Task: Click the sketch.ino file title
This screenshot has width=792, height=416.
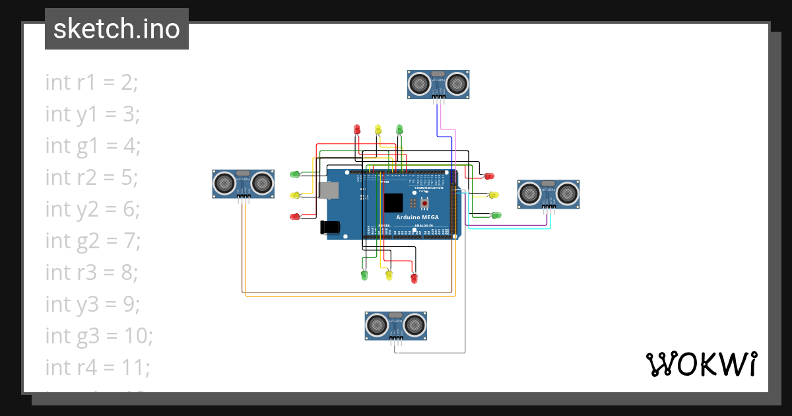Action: [x=117, y=29]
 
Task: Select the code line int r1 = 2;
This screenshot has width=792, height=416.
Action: [x=92, y=83]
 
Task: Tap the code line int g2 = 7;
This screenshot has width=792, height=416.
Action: [x=93, y=241]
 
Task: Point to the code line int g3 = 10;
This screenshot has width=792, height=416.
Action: [x=99, y=336]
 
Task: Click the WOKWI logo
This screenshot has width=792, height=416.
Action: [x=700, y=364]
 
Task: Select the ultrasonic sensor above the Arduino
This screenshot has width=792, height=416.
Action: [x=438, y=84]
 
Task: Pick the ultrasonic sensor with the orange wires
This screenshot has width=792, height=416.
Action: [x=244, y=183]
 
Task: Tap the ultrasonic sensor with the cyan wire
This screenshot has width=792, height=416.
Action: [x=548, y=193]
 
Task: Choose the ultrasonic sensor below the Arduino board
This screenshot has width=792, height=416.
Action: [x=395, y=325]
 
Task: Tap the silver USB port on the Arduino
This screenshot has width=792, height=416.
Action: [x=328, y=191]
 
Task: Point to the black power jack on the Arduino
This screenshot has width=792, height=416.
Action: [x=330, y=227]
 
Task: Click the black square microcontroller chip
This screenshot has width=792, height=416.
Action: [x=393, y=202]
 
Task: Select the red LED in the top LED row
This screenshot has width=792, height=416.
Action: [x=357, y=129]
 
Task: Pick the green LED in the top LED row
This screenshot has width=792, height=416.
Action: [x=399, y=129]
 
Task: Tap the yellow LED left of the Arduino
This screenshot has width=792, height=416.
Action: [x=295, y=195]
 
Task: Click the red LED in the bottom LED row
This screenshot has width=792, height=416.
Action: [x=414, y=279]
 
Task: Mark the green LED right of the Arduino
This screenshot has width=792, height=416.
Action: [x=496, y=215]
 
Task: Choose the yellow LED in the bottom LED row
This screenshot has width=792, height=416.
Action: [x=389, y=275]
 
